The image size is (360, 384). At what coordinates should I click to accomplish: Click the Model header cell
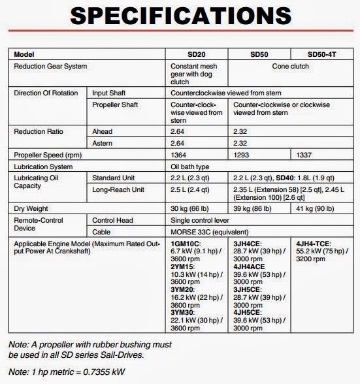pos(24,54)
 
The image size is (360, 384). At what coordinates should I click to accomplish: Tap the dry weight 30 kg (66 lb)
pos(195,208)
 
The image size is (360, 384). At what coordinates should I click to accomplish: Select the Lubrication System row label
pos(44,167)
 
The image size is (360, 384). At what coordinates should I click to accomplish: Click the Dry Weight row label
pos(31,208)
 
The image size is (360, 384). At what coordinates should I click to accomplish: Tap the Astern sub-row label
pos(103,142)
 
